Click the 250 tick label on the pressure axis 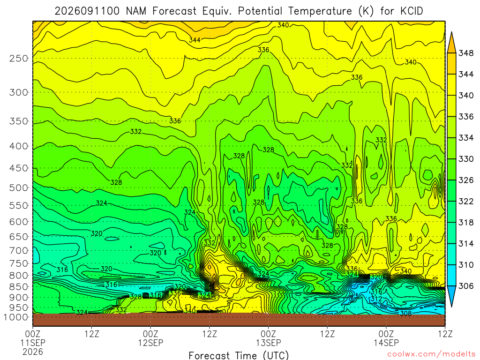[x=19, y=58]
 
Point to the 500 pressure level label [x=19, y=187]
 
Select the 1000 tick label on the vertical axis [x=15, y=317]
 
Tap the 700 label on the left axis [x=19, y=251]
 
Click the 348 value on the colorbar [x=465, y=53]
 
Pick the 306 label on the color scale [x=465, y=286]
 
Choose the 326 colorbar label [x=465, y=180]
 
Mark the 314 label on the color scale [x=465, y=244]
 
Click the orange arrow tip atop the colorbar [x=451, y=32]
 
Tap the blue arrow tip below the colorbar [x=451, y=307]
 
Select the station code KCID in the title [x=412, y=11]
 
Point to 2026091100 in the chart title [x=87, y=11]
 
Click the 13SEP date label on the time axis [x=269, y=343]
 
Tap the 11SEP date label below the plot [x=33, y=343]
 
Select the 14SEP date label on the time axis [x=386, y=343]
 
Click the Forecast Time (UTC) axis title [x=239, y=355]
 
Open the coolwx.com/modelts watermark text [x=431, y=354]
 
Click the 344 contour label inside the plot [x=195, y=40]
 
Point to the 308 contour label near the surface [x=405, y=313]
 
